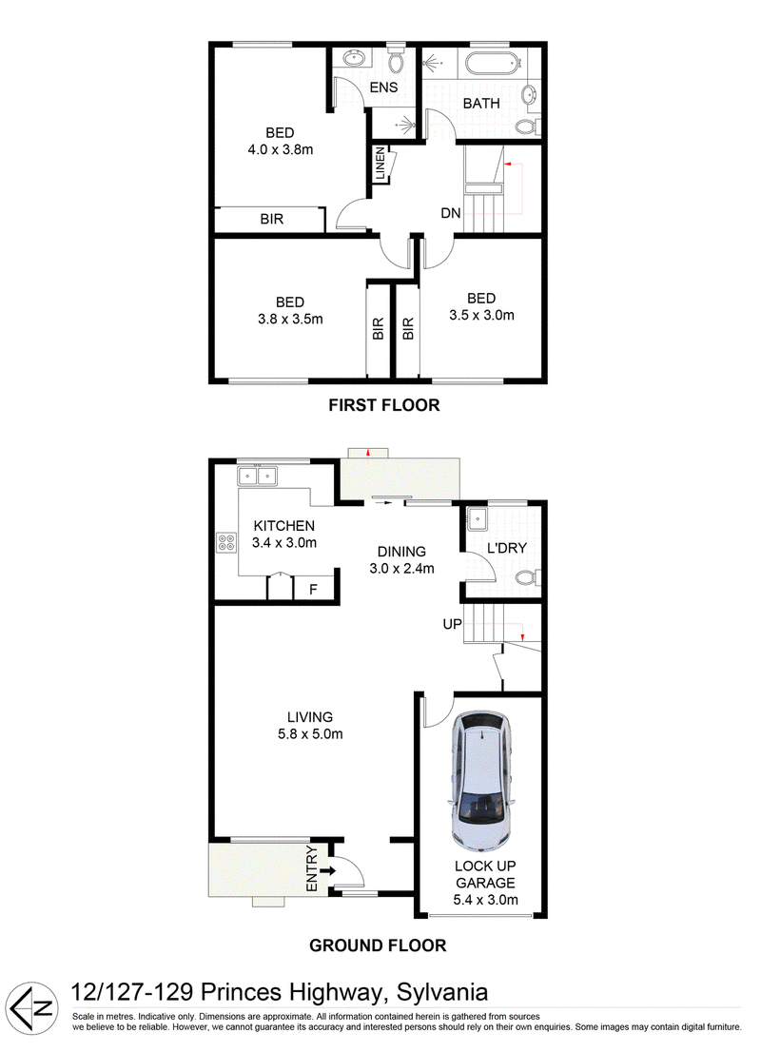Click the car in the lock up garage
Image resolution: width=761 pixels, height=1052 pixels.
coord(480,782)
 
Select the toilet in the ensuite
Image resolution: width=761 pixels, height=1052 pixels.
coord(396,59)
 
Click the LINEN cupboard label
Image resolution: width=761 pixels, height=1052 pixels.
coord(380,163)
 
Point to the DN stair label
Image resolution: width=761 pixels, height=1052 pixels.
coord(450,213)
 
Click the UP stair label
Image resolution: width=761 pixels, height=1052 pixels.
coord(452,624)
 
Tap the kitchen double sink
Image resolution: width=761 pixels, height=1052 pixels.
coord(257,476)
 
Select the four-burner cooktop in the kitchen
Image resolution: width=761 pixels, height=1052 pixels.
coord(226,542)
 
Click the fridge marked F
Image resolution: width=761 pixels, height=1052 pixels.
coord(313,589)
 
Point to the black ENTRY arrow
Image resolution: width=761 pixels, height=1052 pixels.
coord(327,871)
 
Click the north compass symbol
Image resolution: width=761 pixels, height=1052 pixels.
coord(33,1007)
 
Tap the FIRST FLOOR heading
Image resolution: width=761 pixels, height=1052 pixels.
coord(384,405)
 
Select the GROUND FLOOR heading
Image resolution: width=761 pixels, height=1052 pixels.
coord(378,945)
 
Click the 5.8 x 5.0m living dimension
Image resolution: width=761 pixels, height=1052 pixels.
coord(310,734)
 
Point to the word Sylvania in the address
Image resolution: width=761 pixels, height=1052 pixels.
coord(442,992)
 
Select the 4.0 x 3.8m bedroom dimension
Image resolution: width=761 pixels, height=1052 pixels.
coord(281,149)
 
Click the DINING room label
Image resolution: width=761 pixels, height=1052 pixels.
coord(401,552)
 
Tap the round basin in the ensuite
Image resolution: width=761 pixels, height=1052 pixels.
coord(352,58)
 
